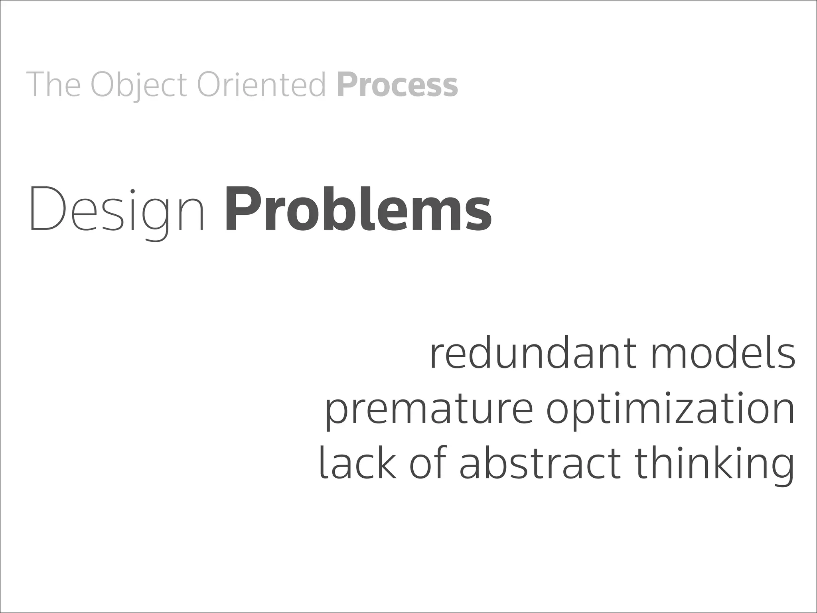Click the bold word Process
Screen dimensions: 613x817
397,85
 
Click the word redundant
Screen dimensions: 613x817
534,354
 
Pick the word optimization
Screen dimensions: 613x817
670,409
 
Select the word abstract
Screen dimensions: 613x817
540,463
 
